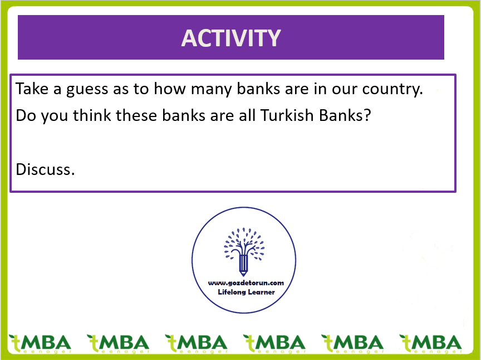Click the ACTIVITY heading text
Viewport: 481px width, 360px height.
(x=231, y=38)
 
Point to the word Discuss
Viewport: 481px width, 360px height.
(x=45, y=169)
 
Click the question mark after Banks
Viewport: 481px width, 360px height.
(x=367, y=115)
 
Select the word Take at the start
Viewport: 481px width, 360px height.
(x=32, y=89)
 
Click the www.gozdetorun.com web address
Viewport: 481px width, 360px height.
(x=246, y=283)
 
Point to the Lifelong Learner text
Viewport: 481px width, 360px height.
(x=246, y=292)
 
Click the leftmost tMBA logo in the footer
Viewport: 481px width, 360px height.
(x=40, y=343)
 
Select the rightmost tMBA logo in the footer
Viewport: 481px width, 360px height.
(x=430, y=343)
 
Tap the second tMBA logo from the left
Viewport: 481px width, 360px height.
(x=118, y=343)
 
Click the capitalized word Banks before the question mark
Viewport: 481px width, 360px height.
(x=341, y=115)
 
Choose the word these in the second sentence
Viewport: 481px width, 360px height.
(x=136, y=115)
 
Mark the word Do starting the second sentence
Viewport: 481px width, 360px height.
(x=26, y=115)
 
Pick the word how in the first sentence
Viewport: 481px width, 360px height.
(x=170, y=89)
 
